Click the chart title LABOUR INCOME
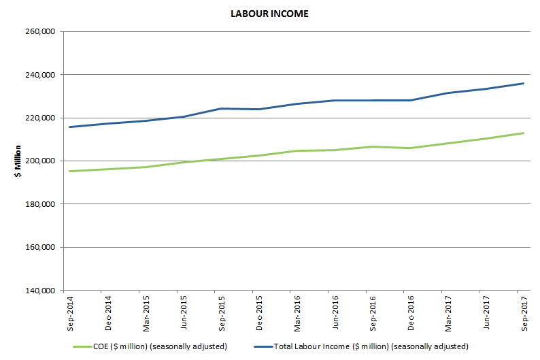click(269, 14)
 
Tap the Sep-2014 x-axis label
click(70, 312)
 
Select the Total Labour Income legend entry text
click(371, 347)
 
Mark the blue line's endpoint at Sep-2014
click(70, 127)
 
